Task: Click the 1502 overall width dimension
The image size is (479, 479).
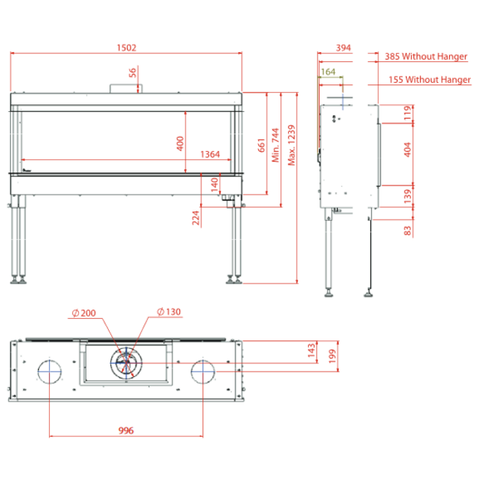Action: point(126,48)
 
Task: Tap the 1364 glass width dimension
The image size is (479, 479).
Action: point(210,154)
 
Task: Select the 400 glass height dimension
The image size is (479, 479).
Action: point(180,143)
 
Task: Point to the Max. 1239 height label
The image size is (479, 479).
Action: point(292,145)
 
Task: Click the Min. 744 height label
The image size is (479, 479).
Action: point(276,145)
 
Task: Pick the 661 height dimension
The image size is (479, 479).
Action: point(261,145)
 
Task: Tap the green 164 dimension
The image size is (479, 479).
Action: point(328,72)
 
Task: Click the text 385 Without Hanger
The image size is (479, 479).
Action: point(426,56)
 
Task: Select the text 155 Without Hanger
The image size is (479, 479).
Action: point(429,80)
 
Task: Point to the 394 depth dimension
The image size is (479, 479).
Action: point(343,48)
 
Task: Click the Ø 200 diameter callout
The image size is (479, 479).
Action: point(84,313)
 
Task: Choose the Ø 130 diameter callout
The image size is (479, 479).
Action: point(169,312)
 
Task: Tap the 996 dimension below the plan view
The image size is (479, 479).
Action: point(126,431)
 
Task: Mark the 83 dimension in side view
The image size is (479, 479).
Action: point(408,231)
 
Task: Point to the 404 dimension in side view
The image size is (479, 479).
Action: point(408,149)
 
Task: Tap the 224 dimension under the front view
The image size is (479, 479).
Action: point(196,218)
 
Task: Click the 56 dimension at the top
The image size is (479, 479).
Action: point(133,73)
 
